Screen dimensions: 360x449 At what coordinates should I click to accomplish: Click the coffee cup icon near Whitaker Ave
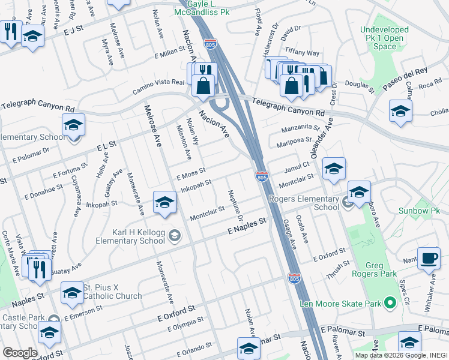[x=428, y=257]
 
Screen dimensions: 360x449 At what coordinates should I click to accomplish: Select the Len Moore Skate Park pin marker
[x=391, y=304]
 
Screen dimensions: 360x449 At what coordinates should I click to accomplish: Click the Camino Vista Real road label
[x=158, y=86]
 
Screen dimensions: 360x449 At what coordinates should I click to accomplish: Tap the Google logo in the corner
[x=20, y=353]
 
